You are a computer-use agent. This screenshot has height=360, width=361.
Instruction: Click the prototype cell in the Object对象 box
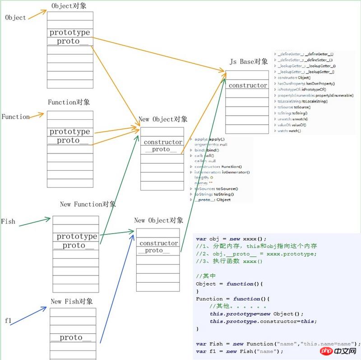pyautogui.click(x=69, y=33)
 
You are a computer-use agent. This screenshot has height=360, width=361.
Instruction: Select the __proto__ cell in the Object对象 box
pyautogui.click(x=69, y=42)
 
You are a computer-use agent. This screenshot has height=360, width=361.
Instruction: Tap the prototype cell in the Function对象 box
pyautogui.click(x=69, y=132)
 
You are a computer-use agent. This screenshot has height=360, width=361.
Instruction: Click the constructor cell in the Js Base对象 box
pyautogui.click(x=248, y=85)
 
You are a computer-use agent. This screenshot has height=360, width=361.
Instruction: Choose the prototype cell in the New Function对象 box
pyautogui.click(x=77, y=237)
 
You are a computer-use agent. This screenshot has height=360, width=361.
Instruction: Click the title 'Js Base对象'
pyautogui.click(x=249, y=61)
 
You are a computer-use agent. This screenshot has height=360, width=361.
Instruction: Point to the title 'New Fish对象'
pyautogui.click(x=72, y=301)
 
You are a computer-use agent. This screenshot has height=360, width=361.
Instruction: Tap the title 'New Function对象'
pyautogui.click(x=88, y=204)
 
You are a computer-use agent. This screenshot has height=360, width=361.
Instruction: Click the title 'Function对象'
pyautogui.click(x=69, y=102)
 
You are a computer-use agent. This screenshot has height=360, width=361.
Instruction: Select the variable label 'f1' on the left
pyautogui.click(x=8, y=320)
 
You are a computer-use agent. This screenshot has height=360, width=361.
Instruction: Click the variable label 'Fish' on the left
pyautogui.click(x=8, y=221)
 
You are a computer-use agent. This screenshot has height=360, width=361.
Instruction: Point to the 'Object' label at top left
pyautogui.click(x=15, y=18)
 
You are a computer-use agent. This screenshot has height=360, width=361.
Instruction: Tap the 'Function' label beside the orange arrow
pyautogui.click(x=15, y=117)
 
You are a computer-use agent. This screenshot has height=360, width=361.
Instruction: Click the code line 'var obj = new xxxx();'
pyautogui.click(x=231, y=238)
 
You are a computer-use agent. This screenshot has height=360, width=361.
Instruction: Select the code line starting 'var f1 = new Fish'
pyautogui.click(x=239, y=351)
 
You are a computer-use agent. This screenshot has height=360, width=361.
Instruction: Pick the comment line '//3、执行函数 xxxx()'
pyautogui.click(x=229, y=261)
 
